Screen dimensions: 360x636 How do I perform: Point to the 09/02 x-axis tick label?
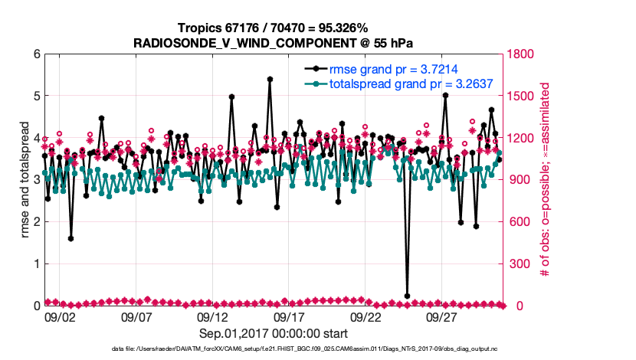pyautogui.click(x=60, y=316)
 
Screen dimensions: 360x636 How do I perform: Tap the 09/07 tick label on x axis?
pyautogui.click(x=136, y=316)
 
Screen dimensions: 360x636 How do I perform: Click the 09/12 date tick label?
pyautogui.click(x=212, y=316)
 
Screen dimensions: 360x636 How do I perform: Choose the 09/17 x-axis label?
pyautogui.click(x=289, y=316)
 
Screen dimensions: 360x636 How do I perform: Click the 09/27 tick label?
pyautogui.click(x=441, y=316)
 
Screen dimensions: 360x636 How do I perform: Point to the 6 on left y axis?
pyautogui.click(x=35, y=54)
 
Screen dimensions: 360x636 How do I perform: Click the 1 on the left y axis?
pyautogui.click(x=35, y=263)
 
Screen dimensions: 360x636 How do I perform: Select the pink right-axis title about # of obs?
pyautogui.click(x=546, y=180)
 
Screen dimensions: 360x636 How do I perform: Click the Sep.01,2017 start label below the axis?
pyautogui.click(x=274, y=333)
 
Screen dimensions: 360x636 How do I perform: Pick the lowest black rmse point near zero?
pyautogui.click(x=407, y=296)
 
